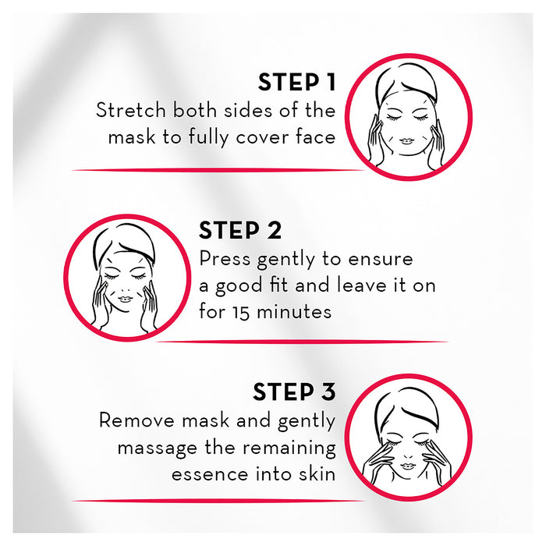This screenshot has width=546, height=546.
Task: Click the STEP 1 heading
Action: (296, 83)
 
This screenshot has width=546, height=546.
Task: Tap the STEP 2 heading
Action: (240, 231)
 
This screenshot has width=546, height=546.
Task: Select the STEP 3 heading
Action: (294, 392)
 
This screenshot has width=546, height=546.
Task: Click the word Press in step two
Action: (224, 258)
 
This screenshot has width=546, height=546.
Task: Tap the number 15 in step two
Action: (244, 312)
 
